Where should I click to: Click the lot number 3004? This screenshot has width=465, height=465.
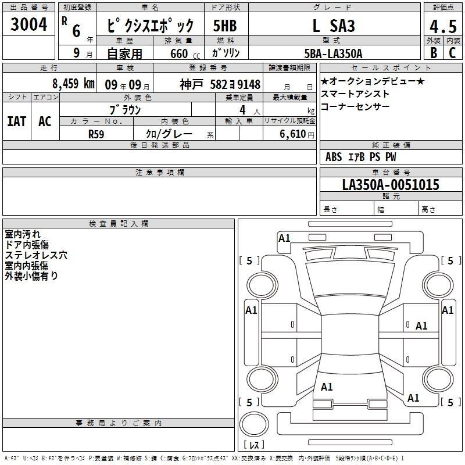point(28,24)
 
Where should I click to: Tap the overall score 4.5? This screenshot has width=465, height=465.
point(443,26)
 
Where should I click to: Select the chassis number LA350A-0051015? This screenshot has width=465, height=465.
point(391,185)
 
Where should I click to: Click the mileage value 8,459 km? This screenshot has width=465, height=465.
point(73,84)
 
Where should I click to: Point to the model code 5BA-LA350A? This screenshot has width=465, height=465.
point(333,53)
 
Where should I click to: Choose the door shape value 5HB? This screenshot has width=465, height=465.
point(225,26)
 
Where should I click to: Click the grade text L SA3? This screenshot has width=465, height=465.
point(334,26)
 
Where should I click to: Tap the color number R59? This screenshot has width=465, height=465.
point(96,134)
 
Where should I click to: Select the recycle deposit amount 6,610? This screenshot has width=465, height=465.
point(292,134)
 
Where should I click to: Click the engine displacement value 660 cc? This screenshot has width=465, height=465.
point(185,54)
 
